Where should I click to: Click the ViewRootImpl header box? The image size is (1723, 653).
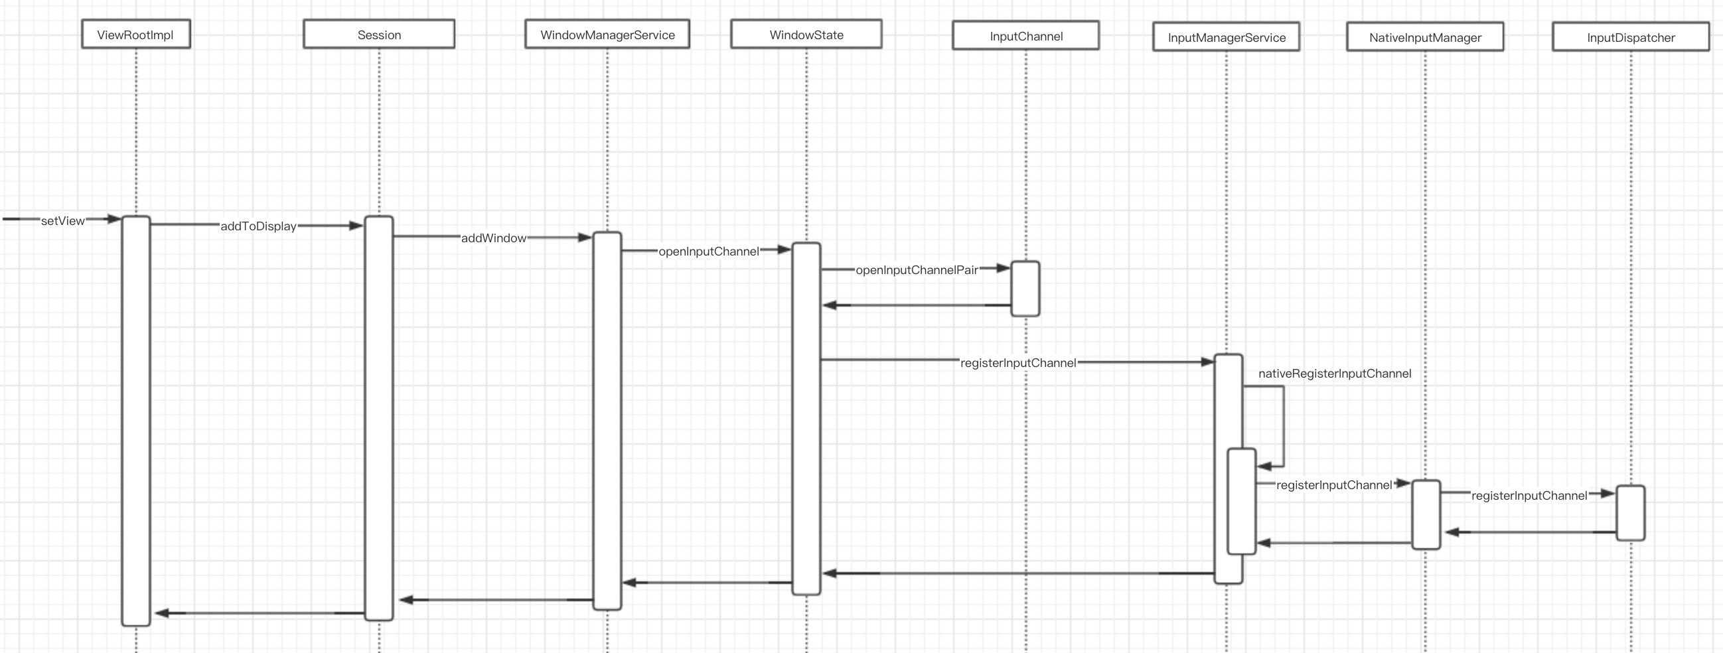[136, 34]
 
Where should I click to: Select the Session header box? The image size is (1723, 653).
[378, 34]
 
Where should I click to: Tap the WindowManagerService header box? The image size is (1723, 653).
[607, 34]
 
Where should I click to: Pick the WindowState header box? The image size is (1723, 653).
[806, 34]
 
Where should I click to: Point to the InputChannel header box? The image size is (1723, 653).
[1025, 35]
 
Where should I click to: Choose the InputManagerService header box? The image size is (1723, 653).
[1226, 36]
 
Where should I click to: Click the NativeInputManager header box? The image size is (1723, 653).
[1425, 36]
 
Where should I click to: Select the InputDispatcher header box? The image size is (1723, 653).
[1630, 36]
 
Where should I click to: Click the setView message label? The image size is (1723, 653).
[63, 221]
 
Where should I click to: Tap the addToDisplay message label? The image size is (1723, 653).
[258, 226]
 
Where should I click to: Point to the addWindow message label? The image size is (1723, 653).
[494, 238]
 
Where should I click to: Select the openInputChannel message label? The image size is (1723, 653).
[708, 252]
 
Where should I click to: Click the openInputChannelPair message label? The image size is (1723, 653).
[917, 270]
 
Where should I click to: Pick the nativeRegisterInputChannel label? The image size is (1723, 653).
[1334, 374]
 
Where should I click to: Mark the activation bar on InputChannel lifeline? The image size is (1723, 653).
[1025, 289]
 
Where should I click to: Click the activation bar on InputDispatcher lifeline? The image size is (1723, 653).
[1630, 512]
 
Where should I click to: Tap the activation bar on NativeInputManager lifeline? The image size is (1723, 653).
[1426, 514]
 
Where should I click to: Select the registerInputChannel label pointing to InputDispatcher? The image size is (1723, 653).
[1529, 496]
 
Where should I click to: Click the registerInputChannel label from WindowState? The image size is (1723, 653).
[1018, 362]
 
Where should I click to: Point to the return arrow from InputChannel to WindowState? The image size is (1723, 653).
[917, 305]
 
